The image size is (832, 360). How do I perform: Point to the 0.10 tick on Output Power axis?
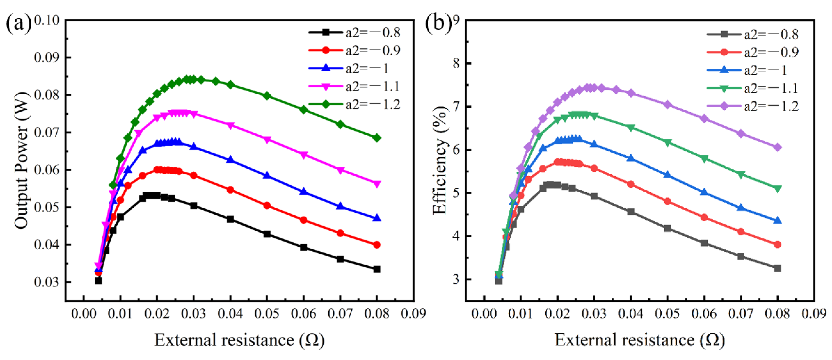[x=47, y=20]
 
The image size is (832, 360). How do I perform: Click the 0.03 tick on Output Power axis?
[x=47, y=282]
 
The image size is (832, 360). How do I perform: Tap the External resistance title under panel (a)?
[x=239, y=340]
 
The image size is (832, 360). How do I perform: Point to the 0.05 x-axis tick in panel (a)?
[x=267, y=314]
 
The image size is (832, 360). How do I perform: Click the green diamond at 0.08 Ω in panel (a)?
[x=376, y=138]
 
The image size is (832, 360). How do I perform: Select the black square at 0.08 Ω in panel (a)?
[x=376, y=269]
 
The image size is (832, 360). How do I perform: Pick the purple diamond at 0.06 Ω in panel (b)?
[x=704, y=119]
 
